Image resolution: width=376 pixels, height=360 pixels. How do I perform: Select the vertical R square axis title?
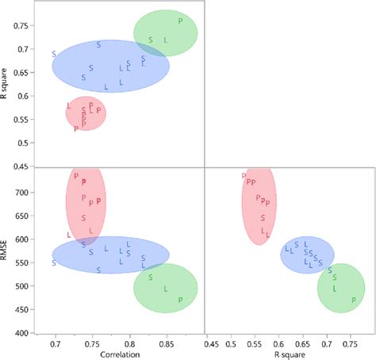[6, 82]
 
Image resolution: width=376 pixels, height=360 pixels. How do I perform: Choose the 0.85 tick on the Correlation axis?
[166, 344]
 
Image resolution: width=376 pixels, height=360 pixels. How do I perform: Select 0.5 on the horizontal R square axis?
[231, 344]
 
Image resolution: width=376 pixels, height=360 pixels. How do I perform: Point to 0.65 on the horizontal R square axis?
[302, 344]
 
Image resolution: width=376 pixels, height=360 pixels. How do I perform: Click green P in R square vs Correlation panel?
[181, 21]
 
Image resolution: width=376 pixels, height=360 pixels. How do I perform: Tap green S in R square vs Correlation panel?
[151, 40]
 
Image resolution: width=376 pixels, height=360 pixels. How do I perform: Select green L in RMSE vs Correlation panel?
[166, 289]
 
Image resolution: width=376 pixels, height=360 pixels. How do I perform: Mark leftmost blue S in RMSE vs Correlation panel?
[54, 262]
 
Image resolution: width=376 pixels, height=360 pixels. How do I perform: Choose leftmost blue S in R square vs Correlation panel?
[54, 54]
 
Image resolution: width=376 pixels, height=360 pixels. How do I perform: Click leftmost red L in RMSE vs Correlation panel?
[69, 236]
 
